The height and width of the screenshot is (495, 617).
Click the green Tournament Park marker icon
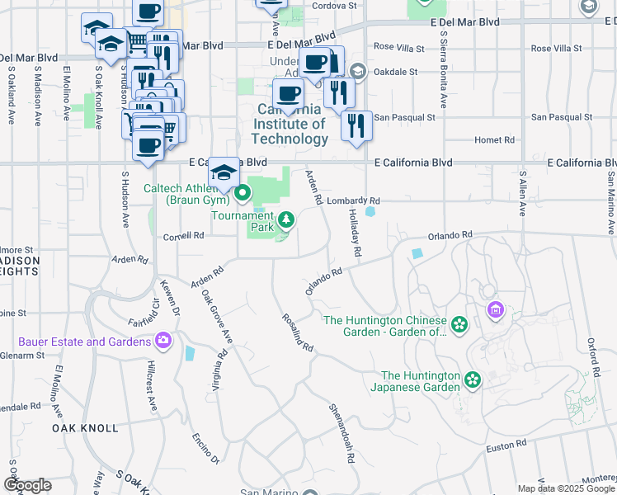286,219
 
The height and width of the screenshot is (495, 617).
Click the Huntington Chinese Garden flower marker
459,326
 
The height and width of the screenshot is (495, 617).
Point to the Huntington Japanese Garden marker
472,380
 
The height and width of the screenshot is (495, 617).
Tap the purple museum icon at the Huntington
495,310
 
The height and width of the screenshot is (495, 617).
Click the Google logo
27,485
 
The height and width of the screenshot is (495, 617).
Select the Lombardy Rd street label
353,200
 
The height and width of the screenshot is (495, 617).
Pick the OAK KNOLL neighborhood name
80,429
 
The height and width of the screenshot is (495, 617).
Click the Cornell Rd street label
183,235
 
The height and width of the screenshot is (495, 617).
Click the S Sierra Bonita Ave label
444,70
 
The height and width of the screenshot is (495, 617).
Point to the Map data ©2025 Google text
566,488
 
